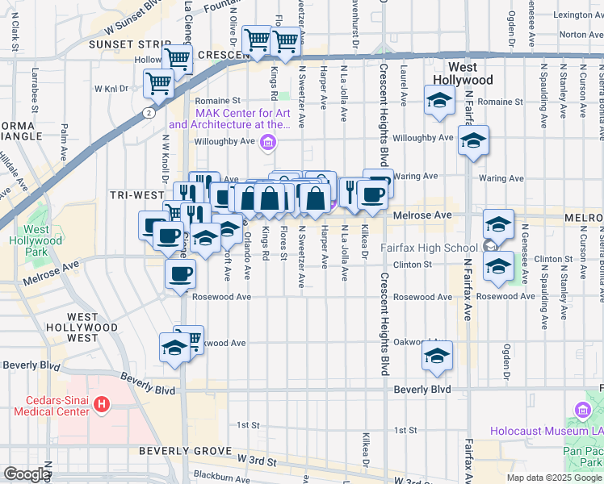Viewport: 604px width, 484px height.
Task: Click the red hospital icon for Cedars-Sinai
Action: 102,403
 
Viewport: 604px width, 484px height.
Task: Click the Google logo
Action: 27,474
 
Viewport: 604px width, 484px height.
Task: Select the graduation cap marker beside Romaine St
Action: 439,102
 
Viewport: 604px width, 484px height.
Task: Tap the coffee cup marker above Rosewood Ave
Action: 180,273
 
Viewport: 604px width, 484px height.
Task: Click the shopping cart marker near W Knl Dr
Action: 159,81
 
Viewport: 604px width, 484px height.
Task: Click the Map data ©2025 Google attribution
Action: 554,478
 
